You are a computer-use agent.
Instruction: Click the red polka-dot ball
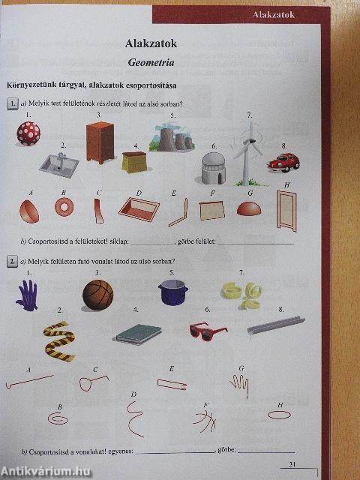(28, 133)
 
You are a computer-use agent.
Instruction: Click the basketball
(97, 295)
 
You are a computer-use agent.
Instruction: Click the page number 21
(293, 466)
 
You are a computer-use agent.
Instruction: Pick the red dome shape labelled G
(250, 208)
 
